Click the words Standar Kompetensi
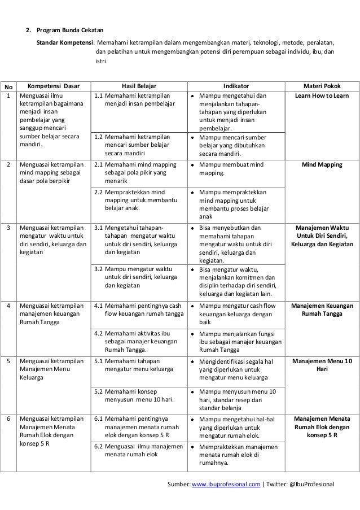pos(65,42)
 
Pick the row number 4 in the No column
pos(8,306)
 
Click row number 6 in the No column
pos(8,419)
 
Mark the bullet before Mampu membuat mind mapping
pos(193,165)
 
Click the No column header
pos(8,87)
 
